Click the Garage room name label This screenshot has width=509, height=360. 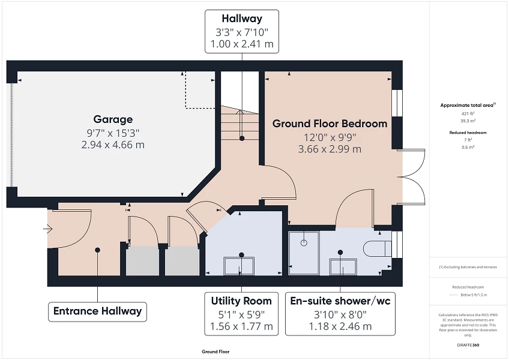[x=113, y=119]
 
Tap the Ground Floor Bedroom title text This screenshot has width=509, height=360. [x=330, y=124]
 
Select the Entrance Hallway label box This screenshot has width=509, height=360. [x=97, y=311]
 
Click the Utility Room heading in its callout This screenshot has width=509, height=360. [x=241, y=301]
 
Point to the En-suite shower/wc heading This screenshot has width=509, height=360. [x=340, y=301]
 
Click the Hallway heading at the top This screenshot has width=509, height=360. [x=241, y=19]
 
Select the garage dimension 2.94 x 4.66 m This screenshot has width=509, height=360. [x=113, y=145]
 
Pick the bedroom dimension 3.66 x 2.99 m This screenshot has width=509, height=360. [x=330, y=149]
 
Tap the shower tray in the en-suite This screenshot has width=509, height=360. [x=304, y=247]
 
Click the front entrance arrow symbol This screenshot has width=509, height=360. [x=48, y=229]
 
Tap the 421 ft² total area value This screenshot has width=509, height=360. [x=468, y=113]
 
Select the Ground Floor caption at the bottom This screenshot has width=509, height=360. [x=215, y=352]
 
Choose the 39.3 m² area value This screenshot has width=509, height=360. [x=468, y=121]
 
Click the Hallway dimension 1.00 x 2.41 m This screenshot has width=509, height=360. [x=241, y=44]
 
